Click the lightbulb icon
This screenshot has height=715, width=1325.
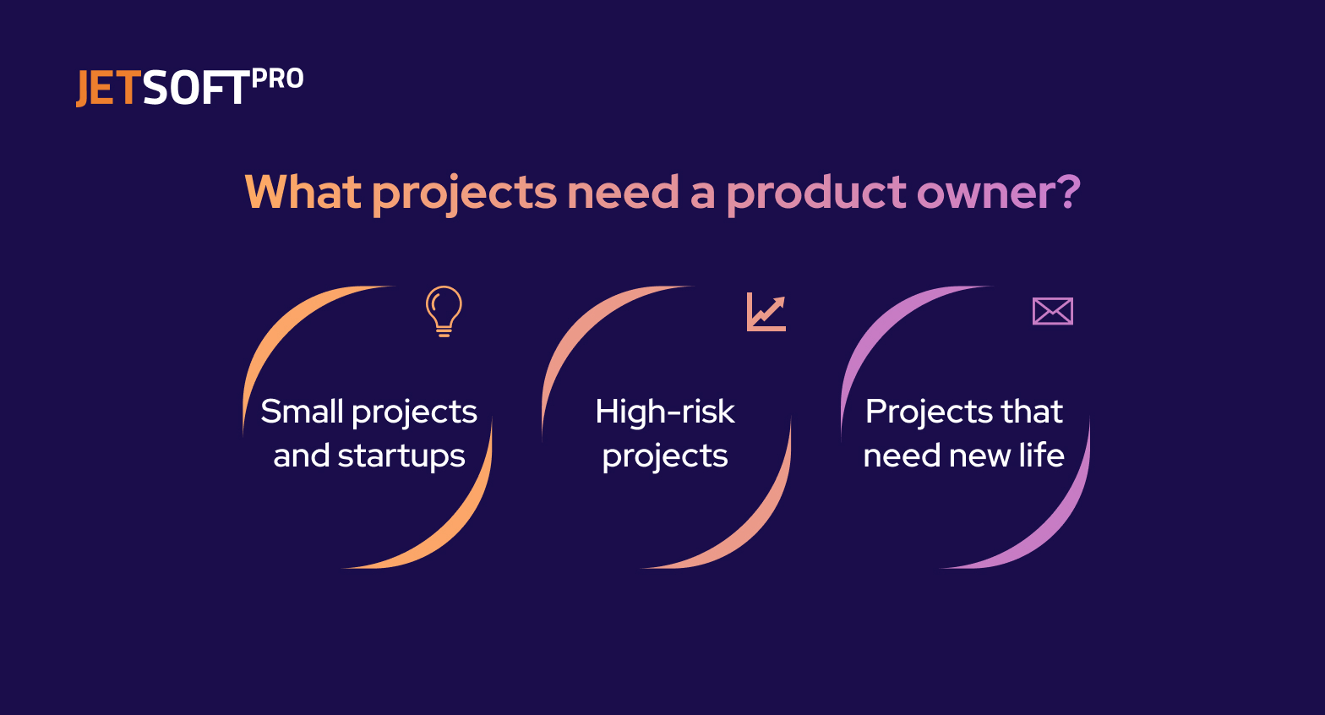click(444, 311)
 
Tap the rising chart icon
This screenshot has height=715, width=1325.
click(766, 312)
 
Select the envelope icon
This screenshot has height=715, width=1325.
click(1052, 311)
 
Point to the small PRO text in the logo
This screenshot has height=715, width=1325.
click(277, 79)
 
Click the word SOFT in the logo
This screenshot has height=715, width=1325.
click(196, 89)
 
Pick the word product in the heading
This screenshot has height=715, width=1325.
click(816, 193)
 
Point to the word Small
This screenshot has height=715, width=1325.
click(301, 412)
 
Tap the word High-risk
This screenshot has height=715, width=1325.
click(664, 412)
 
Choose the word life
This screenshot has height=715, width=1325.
click(1041, 456)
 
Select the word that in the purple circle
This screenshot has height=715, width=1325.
click(1031, 412)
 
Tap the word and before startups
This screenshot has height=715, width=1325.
click(301, 456)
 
